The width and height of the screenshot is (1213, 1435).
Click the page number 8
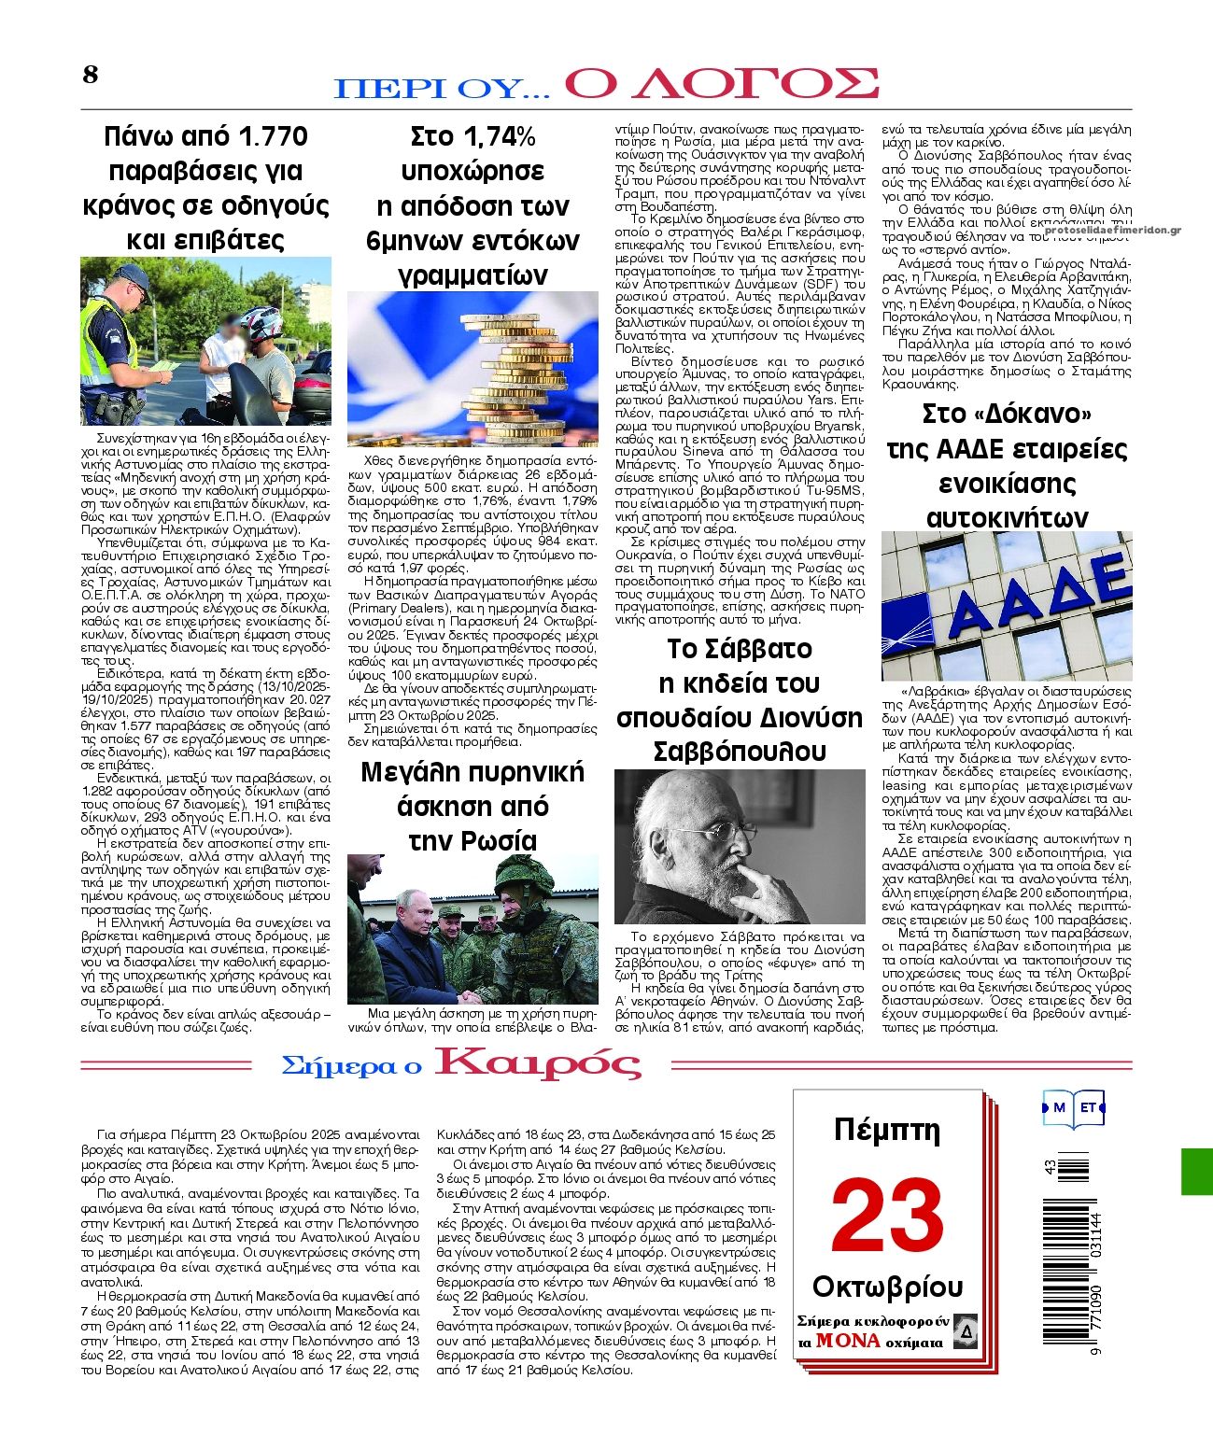tap(91, 75)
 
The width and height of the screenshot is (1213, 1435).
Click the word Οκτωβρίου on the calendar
tap(887, 1287)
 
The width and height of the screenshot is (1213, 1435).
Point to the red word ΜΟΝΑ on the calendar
tap(847, 1341)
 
